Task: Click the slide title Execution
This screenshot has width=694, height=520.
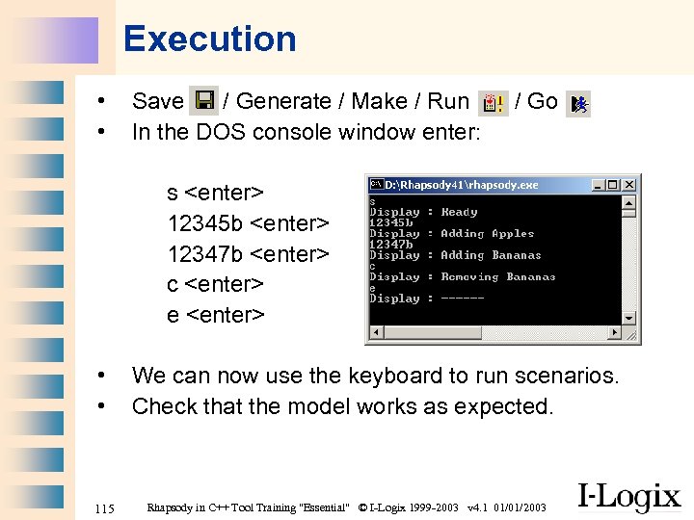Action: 209,39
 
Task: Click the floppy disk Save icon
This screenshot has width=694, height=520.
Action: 203,101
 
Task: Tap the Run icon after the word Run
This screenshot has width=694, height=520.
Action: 494,102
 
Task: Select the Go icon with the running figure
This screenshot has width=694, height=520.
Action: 577,102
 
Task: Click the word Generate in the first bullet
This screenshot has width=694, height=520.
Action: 284,101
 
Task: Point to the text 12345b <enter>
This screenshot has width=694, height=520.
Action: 248,223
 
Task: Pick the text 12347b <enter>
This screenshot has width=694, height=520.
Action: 248,254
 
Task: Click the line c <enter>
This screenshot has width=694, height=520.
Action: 215,284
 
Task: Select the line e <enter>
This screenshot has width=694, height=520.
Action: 215,315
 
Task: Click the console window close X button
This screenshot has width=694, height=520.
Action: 629,184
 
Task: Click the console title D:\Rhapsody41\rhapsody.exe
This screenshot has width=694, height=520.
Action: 462,184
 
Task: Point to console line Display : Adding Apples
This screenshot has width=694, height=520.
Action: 451,233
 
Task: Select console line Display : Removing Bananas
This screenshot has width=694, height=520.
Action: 462,276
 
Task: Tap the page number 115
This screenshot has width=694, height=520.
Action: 105,507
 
